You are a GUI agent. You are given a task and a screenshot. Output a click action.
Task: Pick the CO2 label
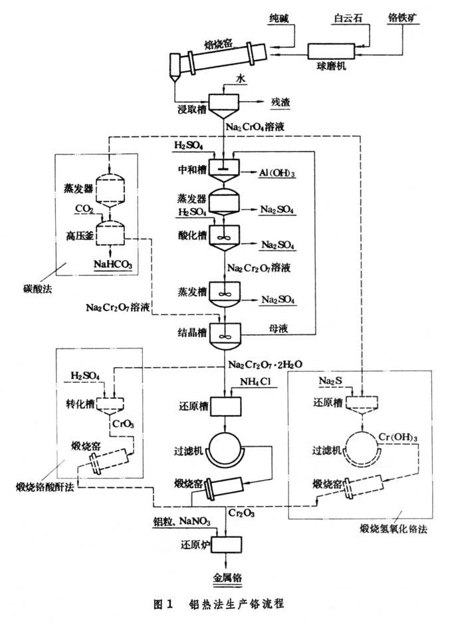click(x=84, y=209)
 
